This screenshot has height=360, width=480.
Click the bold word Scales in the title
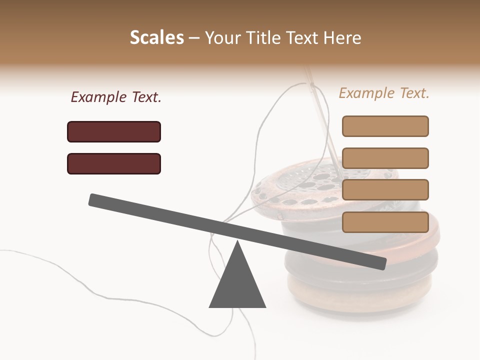click(156, 37)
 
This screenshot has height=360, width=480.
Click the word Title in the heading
click(265, 37)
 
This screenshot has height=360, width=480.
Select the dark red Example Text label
click(116, 97)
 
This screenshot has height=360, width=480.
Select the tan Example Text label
click(384, 93)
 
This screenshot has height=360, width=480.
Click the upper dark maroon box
click(114, 131)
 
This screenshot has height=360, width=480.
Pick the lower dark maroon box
click(114, 163)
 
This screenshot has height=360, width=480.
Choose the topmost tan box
click(385, 126)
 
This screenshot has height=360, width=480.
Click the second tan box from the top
click(385, 158)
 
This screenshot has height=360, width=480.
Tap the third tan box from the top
click(385, 189)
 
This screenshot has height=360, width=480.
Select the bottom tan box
click(385, 222)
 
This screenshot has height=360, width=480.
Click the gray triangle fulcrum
click(237, 282)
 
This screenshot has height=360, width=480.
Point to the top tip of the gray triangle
click(237, 242)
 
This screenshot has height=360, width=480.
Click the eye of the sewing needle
click(314, 90)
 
